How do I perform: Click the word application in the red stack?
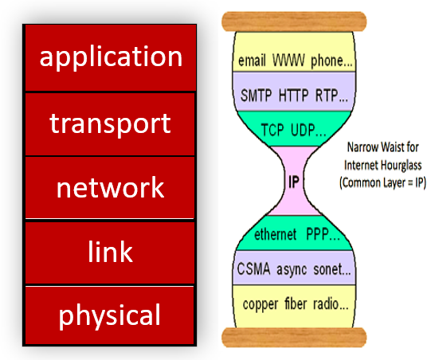click(x=111, y=57)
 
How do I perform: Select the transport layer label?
click(x=110, y=124)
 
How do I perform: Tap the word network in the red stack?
click(x=110, y=187)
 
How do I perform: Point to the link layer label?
click(x=110, y=251)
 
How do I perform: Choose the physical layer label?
click(x=109, y=315)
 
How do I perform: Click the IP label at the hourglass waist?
click(x=294, y=182)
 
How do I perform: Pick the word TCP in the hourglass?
click(x=272, y=130)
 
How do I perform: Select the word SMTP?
click(x=256, y=96)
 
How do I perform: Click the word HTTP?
click(x=293, y=96)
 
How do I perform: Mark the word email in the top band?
click(x=252, y=61)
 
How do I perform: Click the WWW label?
click(x=288, y=61)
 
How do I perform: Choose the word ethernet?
click(x=275, y=234)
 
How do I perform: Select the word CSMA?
click(x=253, y=268)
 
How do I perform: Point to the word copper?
click(x=261, y=305)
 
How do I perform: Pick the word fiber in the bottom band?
click(x=296, y=303)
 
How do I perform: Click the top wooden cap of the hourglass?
click(x=294, y=22)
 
